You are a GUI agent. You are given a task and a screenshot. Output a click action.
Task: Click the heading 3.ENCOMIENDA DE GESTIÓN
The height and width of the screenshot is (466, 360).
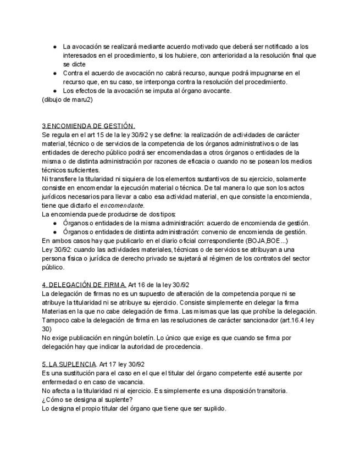(x=88, y=126)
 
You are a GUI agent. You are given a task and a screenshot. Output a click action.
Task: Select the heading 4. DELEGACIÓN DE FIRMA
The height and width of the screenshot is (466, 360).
(x=84, y=285)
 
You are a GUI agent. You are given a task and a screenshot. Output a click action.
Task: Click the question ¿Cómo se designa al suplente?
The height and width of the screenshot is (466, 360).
(x=87, y=400)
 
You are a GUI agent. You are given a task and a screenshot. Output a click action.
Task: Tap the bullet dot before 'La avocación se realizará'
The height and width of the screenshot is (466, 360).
(x=55, y=46)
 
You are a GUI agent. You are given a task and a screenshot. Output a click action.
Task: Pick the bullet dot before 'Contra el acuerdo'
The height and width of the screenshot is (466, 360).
(x=55, y=73)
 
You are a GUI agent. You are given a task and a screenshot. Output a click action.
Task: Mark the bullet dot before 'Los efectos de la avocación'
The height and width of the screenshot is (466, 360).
(x=55, y=91)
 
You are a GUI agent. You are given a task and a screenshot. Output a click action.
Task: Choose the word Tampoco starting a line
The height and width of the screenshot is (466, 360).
(x=56, y=320)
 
